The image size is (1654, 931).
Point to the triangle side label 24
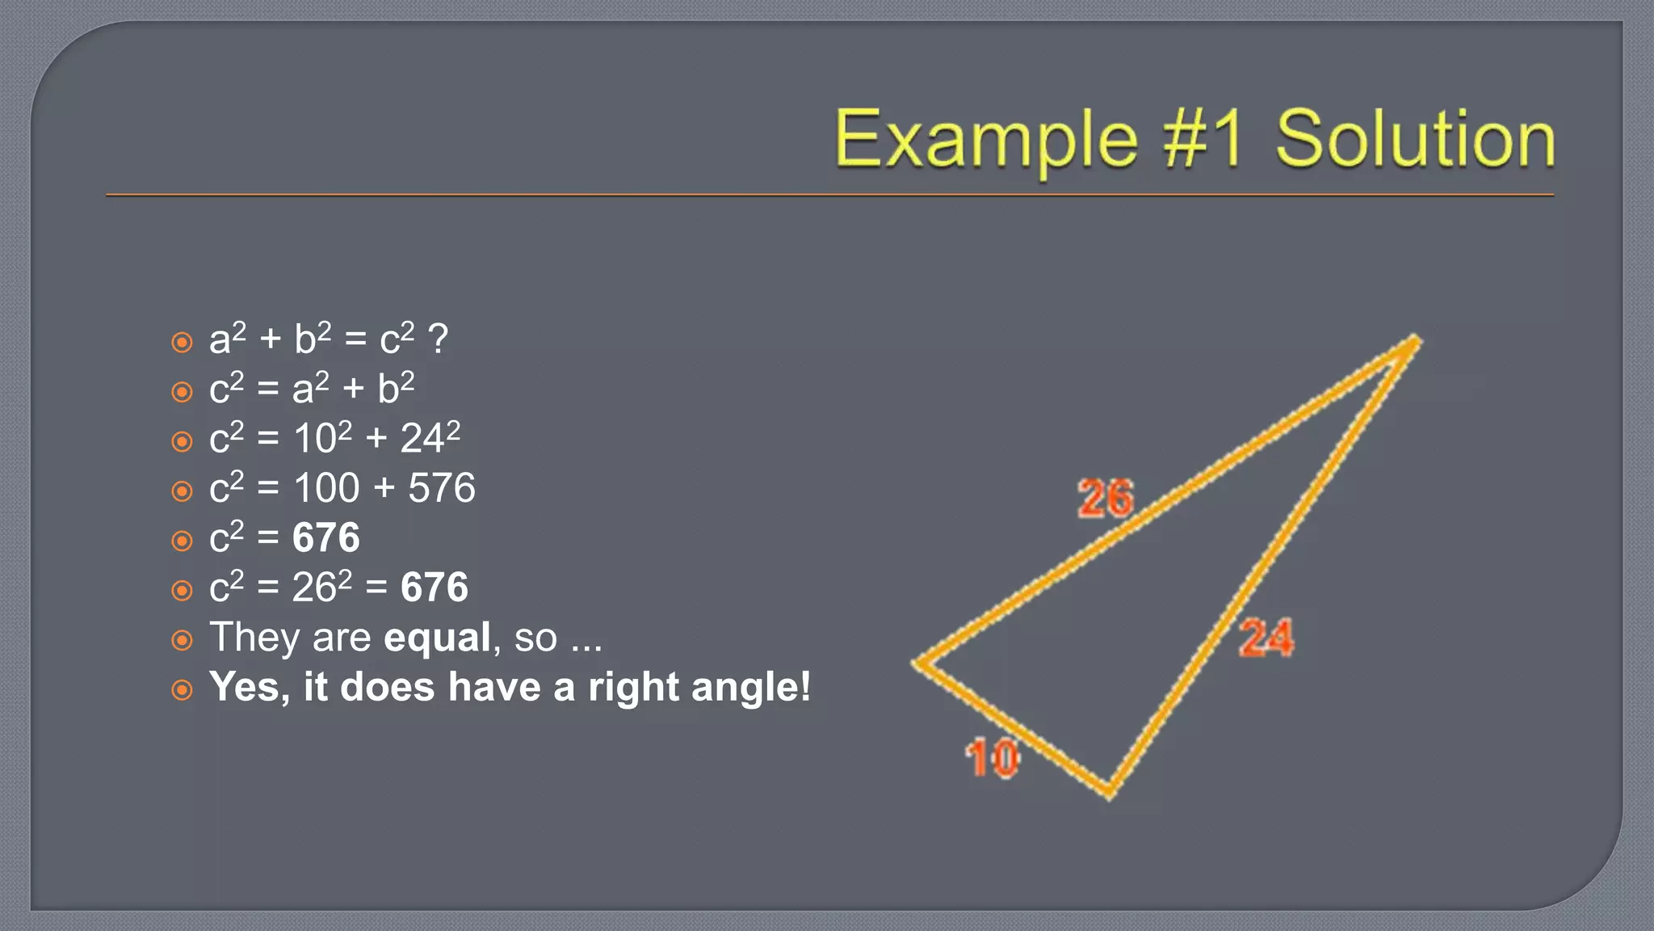point(1266,638)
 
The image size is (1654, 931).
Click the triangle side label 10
point(993,758)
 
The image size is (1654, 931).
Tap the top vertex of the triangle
point(1415,341)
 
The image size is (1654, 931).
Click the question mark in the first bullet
point(438,339)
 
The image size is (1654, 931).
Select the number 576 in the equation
point(442,488)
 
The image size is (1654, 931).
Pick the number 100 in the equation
point(326,488)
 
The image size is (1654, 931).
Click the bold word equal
point(437,638)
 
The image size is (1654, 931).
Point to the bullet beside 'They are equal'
point(183,641)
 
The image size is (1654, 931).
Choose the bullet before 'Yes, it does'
point(183,690)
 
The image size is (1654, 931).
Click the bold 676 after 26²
point(434,588)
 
